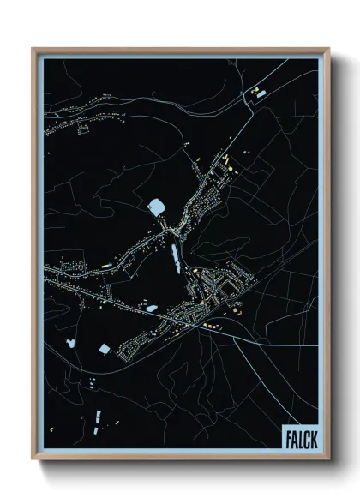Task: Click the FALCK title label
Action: (x=299, y=437)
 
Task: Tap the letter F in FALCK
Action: (x=287, y=437)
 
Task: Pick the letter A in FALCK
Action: (x=293, y=437)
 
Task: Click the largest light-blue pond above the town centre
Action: (x=157, y=207)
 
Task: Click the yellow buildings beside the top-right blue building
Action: (x=254, y=88)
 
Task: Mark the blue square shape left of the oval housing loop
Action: (x=105, y=349)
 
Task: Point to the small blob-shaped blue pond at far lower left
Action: (x=69, y=343)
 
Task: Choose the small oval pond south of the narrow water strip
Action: (x=151, y=306)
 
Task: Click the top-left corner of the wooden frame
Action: (x=33, y=49)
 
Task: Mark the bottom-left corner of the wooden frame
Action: (x=33, y=460)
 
